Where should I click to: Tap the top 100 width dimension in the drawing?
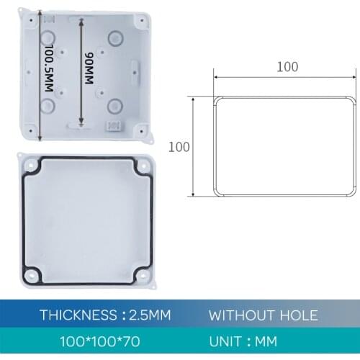click(287, 67)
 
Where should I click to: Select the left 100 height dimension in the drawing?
click(179, 147)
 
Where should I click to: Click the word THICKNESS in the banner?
click(78, 315)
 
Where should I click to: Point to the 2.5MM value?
click(148, 315)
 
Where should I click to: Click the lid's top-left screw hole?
click(30, 166)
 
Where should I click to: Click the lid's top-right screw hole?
click(141, 166)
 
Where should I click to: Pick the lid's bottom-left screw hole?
click(30, 276)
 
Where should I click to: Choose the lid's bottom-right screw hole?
click(141, 276)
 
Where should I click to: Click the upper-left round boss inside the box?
click(48, 36)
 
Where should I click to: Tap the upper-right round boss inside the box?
click(114, 36)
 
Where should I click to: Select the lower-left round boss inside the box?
click(48, 107)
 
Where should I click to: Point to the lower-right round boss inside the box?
click(114, 107)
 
